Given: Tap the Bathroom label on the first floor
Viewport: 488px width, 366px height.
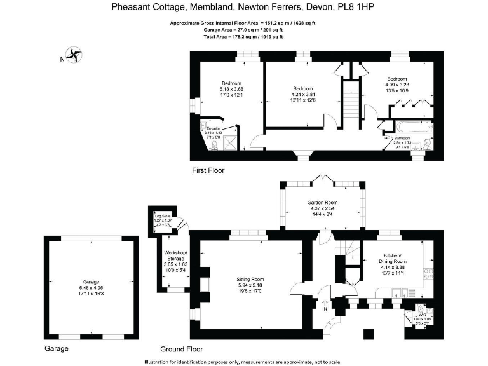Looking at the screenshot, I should click(402, 138).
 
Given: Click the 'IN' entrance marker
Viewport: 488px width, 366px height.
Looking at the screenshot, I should click(325, 309).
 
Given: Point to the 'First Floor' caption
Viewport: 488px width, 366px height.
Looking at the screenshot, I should click(208, 170).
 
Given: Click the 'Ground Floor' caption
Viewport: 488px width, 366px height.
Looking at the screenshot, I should click(181, 349).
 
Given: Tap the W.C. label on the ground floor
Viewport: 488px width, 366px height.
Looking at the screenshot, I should click(420, 314).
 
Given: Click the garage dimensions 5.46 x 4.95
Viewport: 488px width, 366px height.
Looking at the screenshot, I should click(91, 287).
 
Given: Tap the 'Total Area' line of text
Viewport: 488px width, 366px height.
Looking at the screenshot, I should click(243, 37).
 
